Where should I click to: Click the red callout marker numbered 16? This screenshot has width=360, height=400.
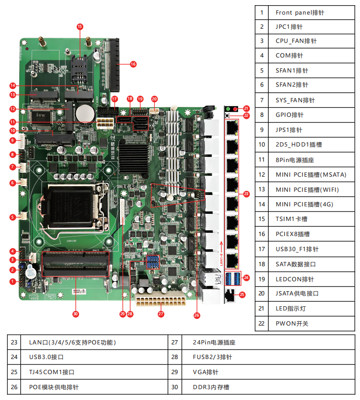pyautogui.click(x=133, y=64)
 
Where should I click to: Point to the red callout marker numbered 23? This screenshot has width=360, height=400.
pyautogui.click(x=246, y=193)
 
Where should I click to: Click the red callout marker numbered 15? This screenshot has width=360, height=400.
pyautogui.click(x=80, y=26)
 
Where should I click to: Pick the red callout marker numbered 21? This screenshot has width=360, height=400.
pyautogui.click(x=246, y=108)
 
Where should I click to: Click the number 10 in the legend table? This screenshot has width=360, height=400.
pyautogui.click(x=262, y=145)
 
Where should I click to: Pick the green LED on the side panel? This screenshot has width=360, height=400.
pyautogui.click(x=228, y=109)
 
